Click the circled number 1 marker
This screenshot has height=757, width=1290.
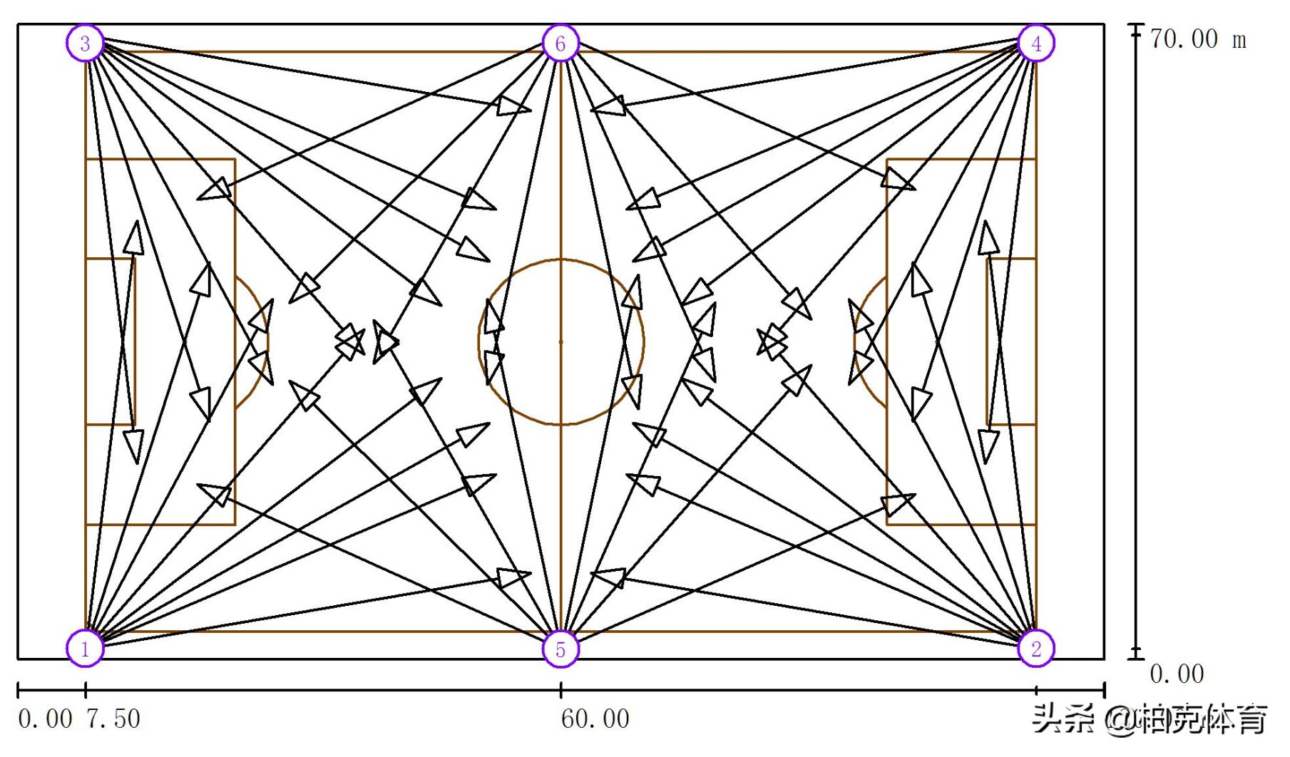tap(86, 648)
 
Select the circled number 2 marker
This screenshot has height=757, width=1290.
tap(1035, 648)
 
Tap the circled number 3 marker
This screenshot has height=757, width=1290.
tap(86, 43)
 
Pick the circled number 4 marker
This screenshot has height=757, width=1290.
tap(1035, 43)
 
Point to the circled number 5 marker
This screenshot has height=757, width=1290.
tap(560, 649)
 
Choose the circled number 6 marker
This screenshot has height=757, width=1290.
tap(560, 43)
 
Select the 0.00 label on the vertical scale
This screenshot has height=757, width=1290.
tap(1177, 674)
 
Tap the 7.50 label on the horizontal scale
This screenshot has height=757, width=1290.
tap(113, 719)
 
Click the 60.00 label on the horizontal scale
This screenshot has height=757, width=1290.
tap(595, 719)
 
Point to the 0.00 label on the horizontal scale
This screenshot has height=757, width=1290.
tap(44, 719)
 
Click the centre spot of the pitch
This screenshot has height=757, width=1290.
tap(560, 342)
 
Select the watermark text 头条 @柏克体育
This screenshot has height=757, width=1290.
tap(1150, 719)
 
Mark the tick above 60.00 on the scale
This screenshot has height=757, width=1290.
tap(560, 689)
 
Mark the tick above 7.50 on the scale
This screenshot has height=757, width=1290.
tap(86, 689)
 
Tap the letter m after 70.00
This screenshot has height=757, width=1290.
tap(1239, 40)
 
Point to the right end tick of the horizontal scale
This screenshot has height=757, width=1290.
tap(1104, 689)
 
